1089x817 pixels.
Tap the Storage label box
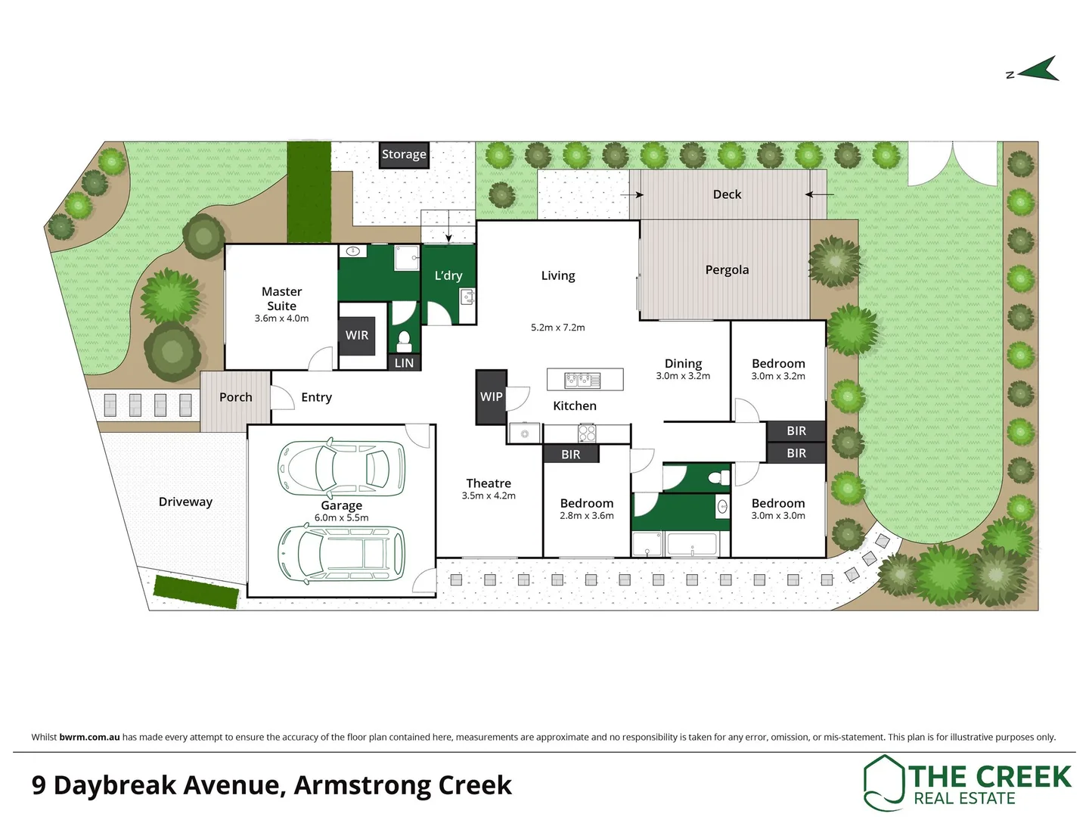point(404,154)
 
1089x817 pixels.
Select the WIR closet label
point(357,335)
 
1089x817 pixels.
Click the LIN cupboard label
point(404,363)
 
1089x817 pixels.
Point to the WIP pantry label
point(491,396)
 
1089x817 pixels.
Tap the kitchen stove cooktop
point(587,433)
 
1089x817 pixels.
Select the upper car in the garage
point(342,467)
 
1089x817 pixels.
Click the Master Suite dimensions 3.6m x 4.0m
point(281,318)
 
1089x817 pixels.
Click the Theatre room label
point(489,483)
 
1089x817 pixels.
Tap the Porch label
point(235,397)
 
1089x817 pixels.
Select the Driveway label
point(185,502)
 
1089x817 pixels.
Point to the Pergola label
point(727,270)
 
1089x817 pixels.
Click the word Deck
point(727,194)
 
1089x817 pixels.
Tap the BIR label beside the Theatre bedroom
point(571,454)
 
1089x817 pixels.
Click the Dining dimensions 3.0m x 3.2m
point(683,376)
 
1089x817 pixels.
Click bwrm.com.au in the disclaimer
point(89,737)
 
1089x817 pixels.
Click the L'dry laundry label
point(448,275)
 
